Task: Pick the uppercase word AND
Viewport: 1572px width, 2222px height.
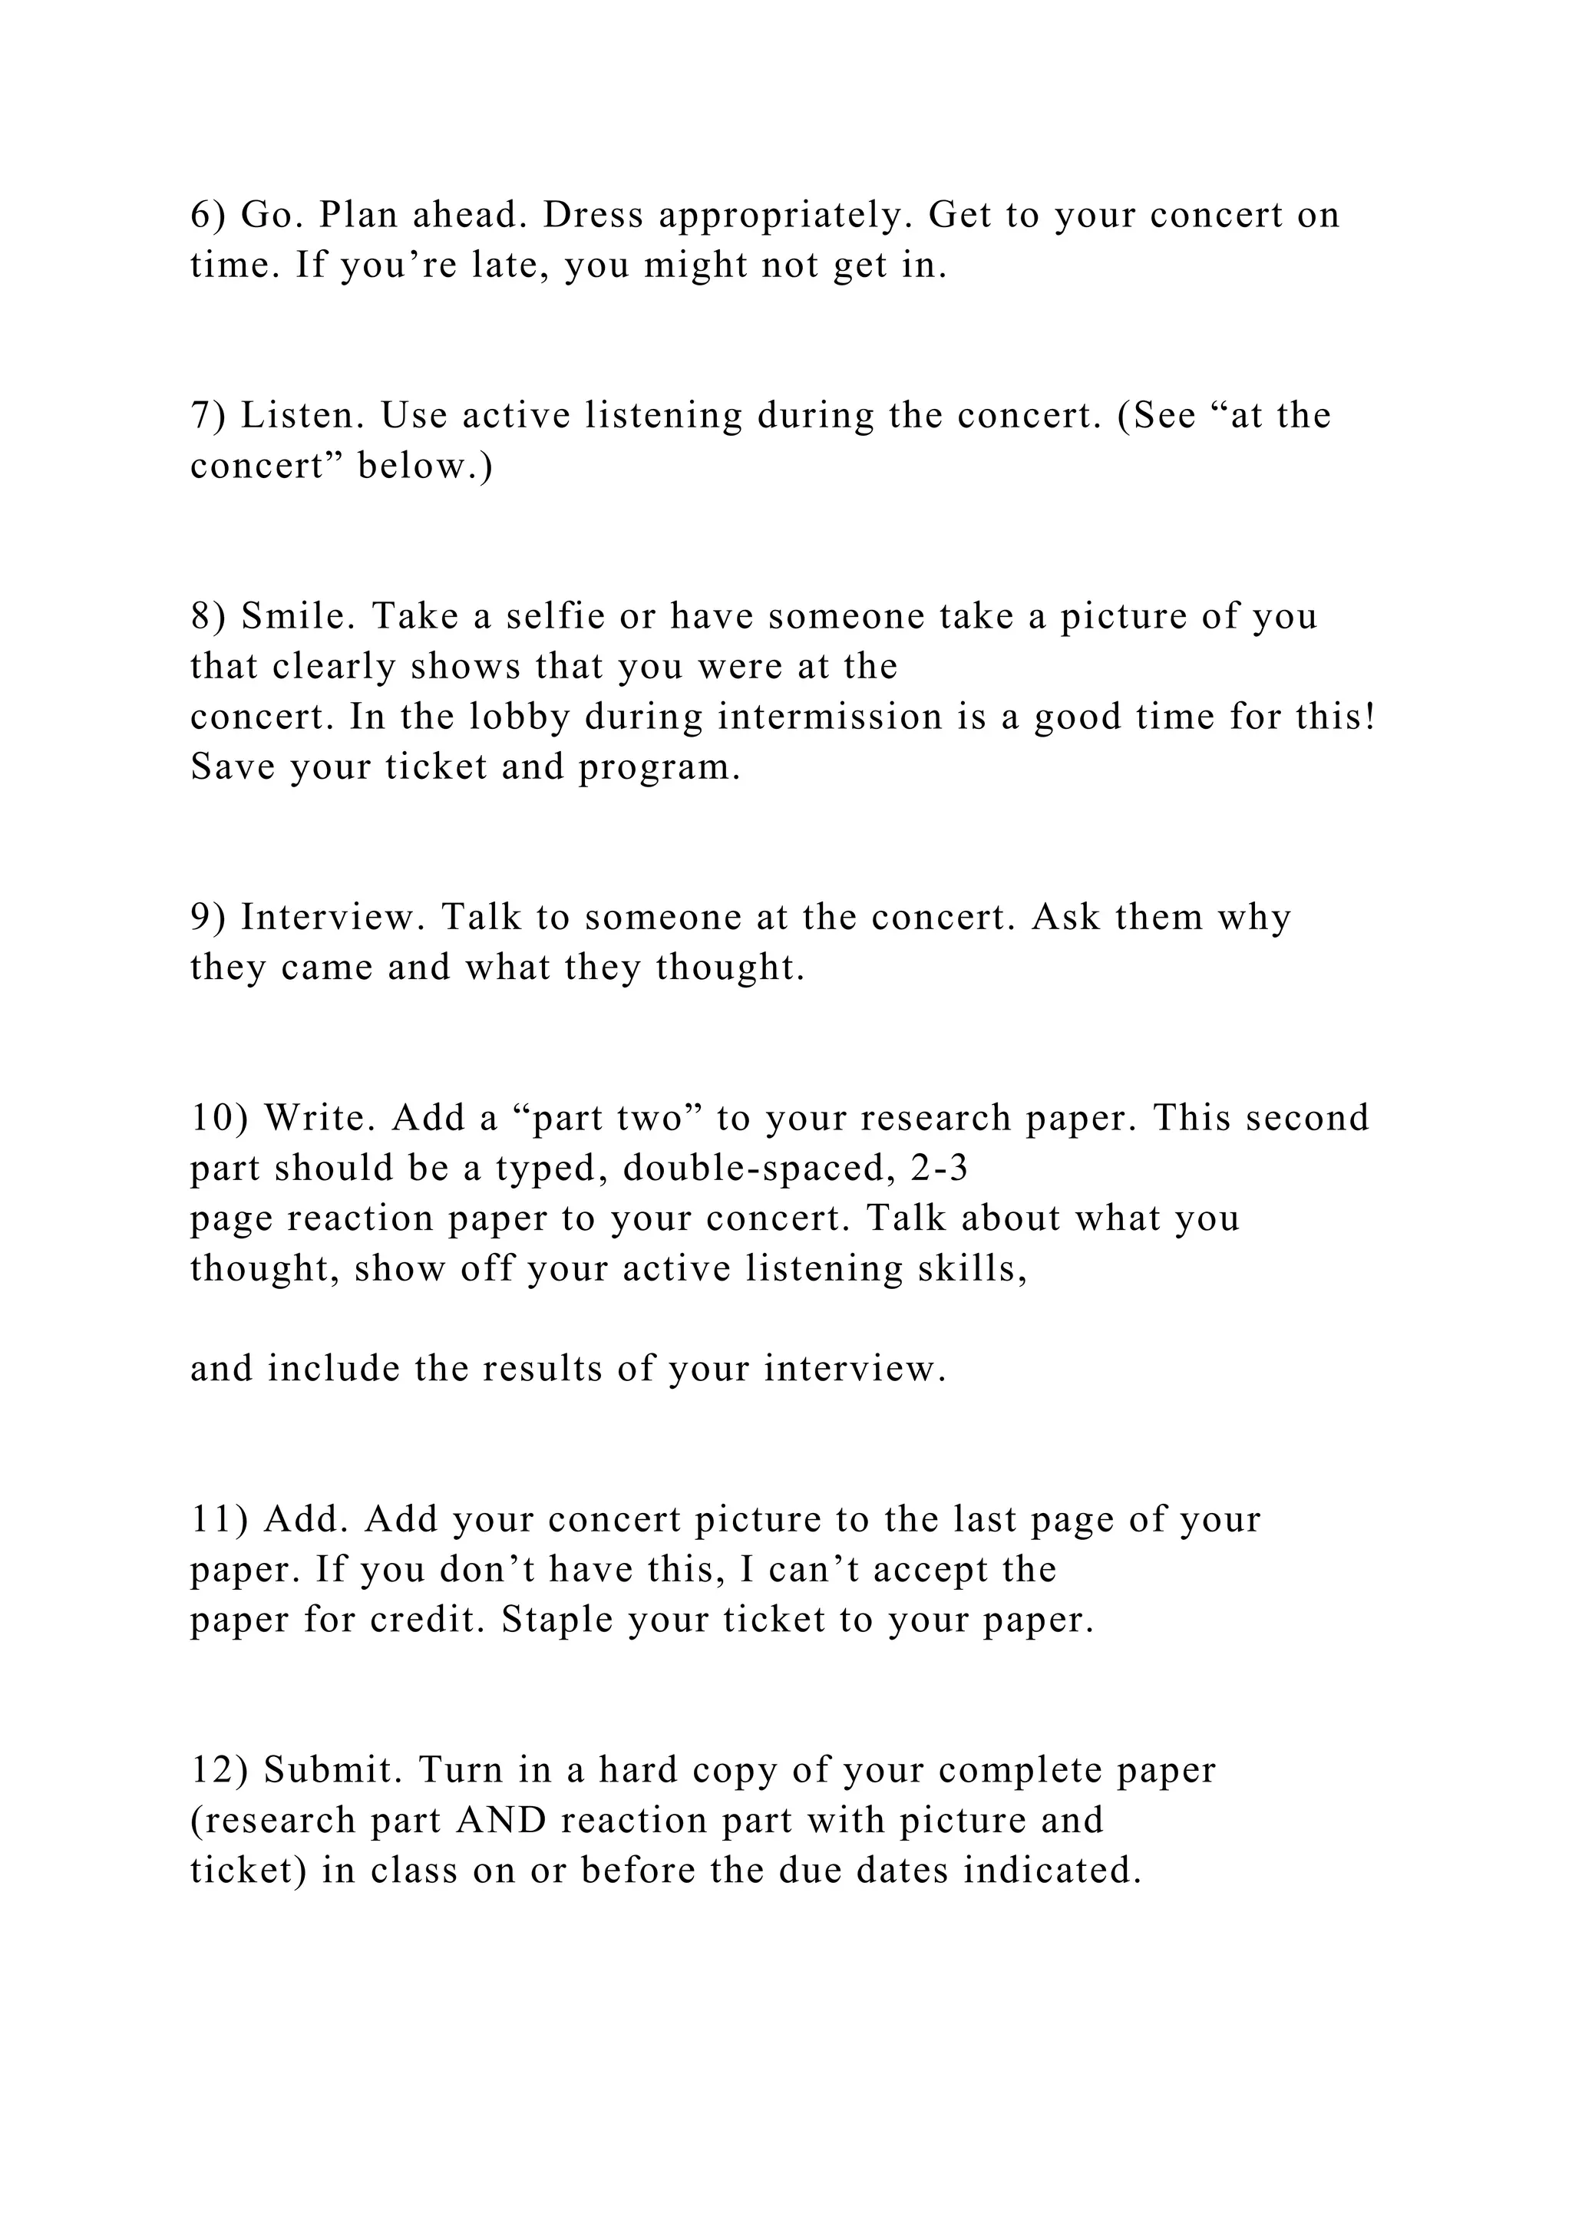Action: coord(500,1821)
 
